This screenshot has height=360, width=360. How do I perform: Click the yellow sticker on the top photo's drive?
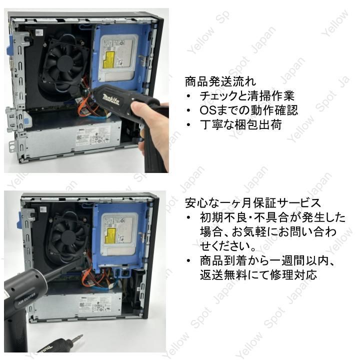[109, 62]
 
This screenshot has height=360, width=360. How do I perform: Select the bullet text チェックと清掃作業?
[246, 95]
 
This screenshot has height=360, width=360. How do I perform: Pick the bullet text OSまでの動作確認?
[248, 110]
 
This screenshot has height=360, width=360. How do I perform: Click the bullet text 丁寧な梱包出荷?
[240, 124]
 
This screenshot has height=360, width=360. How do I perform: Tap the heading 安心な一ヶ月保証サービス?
[252, 203]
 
